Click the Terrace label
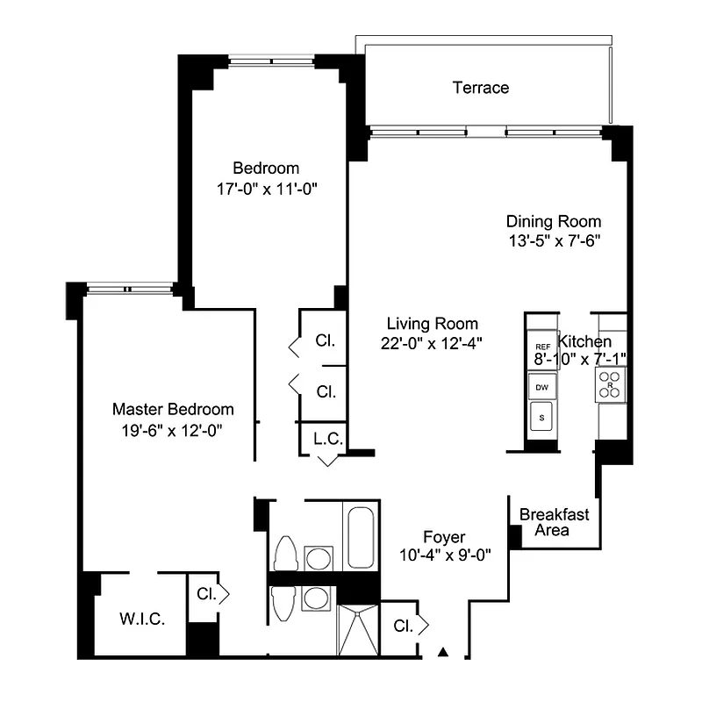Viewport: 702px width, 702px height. point(480,88)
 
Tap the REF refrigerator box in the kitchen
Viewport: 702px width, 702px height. point(542,347)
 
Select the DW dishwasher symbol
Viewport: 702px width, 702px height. point(542,385)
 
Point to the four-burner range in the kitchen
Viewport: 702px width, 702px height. point(612,383)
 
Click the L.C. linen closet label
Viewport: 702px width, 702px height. point(327,437)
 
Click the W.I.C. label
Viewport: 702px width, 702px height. point(141,618)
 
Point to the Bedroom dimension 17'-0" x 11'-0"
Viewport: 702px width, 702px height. point(266,188)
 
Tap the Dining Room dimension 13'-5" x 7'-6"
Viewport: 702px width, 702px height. point(554,240)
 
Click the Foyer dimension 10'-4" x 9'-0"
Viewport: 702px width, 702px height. point(443,555)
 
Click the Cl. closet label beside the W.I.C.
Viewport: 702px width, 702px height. point(206,594)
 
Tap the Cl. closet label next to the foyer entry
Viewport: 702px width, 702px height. point(404,626)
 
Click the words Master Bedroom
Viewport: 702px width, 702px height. point(173,410)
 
